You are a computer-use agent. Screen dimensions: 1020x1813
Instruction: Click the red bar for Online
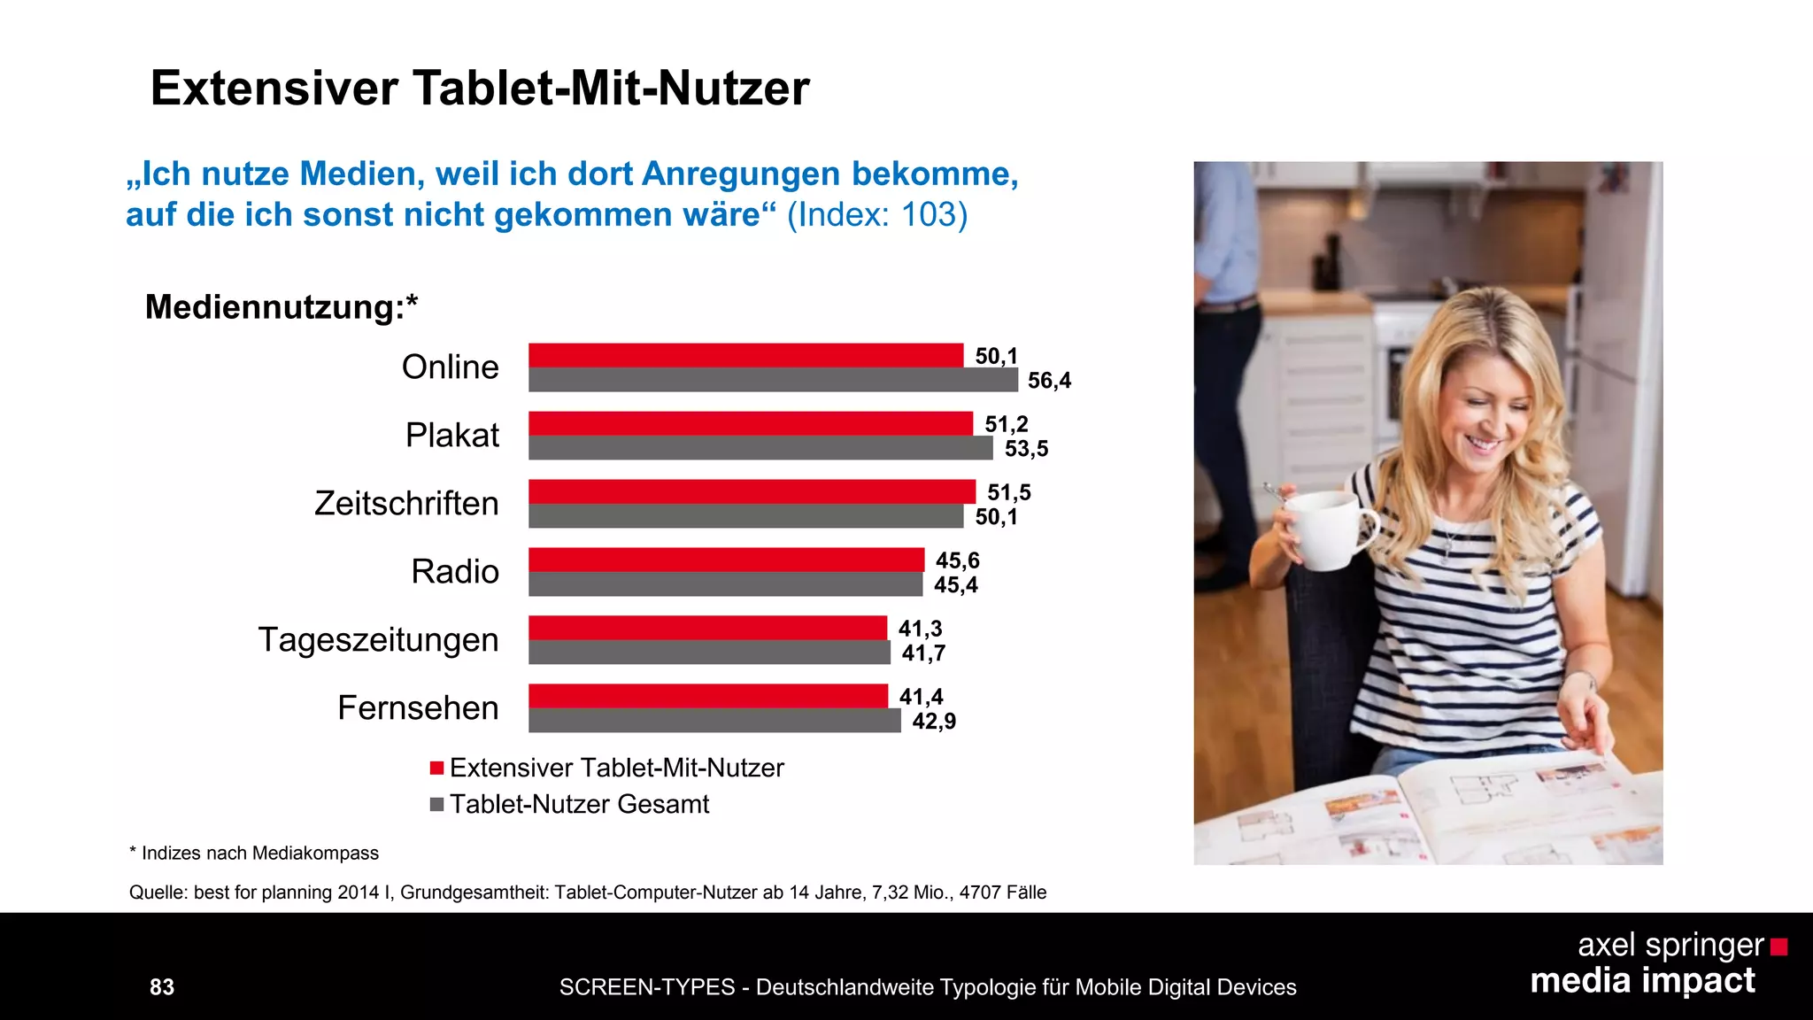tap(745, 355)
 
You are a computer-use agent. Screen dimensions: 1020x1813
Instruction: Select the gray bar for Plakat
tap(760, 448)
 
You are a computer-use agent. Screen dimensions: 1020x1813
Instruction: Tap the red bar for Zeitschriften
tap(752, 491)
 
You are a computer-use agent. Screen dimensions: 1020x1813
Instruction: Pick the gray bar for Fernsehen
tap(714, 721)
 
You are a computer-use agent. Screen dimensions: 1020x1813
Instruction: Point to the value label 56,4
tap(1049, 381)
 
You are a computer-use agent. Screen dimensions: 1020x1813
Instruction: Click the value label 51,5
tap(1009, 492)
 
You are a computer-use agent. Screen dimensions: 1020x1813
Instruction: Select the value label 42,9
tap(934, 722)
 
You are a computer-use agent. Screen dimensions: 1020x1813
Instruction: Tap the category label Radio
tap(455, 572)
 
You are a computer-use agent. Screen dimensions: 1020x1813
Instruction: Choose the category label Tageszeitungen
tap(378, 640)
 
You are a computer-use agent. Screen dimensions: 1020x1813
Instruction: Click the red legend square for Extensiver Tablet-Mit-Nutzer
tap(436, 768)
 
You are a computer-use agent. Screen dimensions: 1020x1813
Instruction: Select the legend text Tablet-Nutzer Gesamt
tap(579, 804)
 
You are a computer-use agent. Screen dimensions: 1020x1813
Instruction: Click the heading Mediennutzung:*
tap(281, 307)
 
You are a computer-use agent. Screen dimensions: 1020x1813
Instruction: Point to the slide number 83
tap(162, 987)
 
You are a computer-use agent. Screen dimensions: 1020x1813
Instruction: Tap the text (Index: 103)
tap(876, 215)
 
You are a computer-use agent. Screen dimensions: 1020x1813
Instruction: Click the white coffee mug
tap(1325, 529)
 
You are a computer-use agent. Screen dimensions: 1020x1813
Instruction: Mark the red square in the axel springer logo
tap(1778, 947)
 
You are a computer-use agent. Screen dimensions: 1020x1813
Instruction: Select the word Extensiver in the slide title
tap(274, 89)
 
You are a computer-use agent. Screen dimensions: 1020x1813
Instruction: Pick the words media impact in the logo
tap(1642, 981)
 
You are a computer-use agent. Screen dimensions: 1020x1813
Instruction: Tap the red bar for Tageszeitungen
tap(707, 628)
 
